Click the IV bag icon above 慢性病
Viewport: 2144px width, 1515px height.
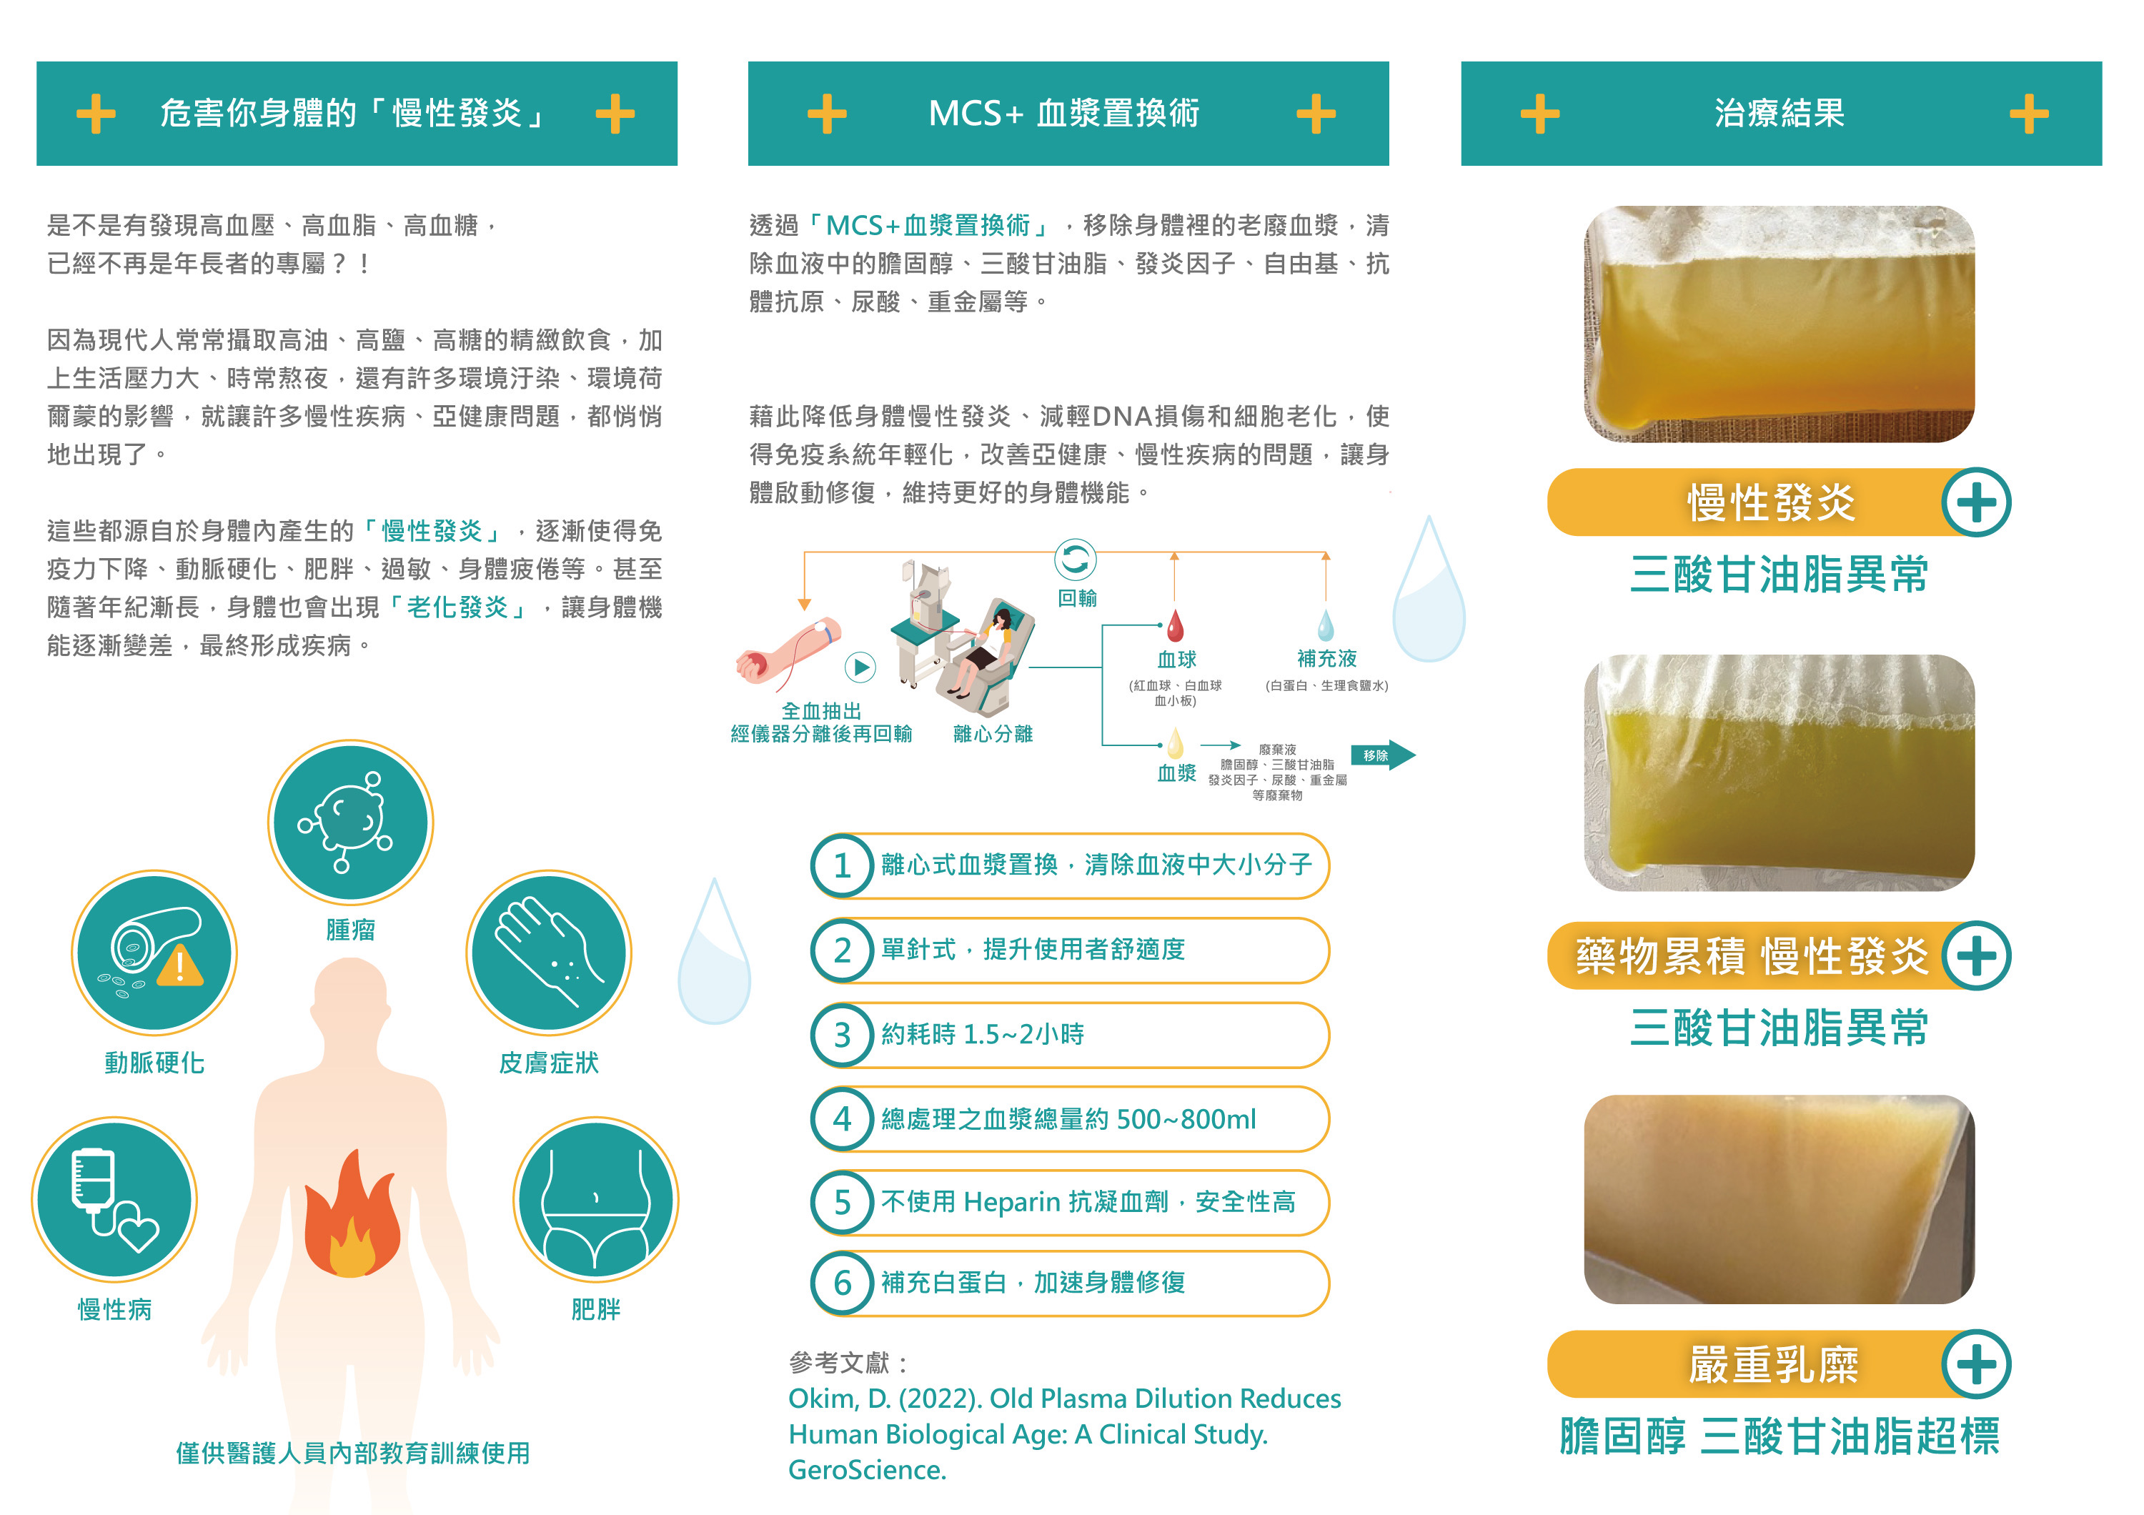tap(114, 1199)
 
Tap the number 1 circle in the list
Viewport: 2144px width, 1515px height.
tap(841, 866)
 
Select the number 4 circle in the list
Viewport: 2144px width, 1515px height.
tap(841, 1119)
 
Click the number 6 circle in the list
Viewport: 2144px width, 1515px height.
tap(841, 1283)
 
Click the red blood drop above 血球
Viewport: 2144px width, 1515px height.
tap(1175, 626)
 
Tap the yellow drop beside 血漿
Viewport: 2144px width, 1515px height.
tap(1175, 744)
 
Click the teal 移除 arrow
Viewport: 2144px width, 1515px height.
tap(1382, 755)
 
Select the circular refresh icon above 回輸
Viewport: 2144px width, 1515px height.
tap(1075, 560)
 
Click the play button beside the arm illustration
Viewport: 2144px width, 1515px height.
tap(860, 667)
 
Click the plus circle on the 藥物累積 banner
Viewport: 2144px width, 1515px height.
tap(1976, 956)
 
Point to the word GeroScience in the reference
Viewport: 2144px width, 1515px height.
tap(867, 1470)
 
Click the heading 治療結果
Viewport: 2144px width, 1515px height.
tap(1779, 114)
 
